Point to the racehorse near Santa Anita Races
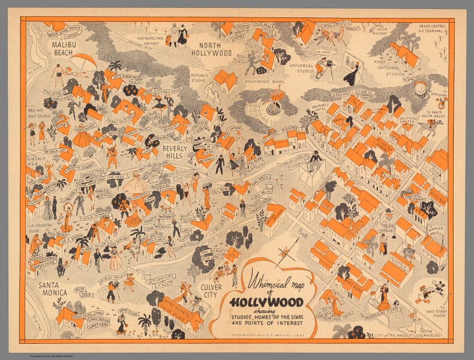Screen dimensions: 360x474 431,126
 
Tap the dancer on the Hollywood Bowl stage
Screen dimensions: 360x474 275,100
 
